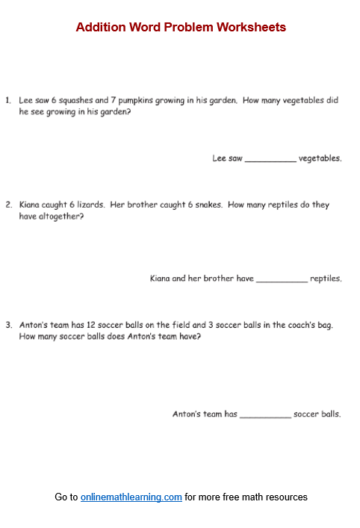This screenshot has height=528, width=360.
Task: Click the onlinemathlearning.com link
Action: [131, 497]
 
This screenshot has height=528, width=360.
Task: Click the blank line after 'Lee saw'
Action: [270, 159]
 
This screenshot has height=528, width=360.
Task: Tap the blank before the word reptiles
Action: [282, 279]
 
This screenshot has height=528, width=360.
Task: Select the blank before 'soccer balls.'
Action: [265, 414]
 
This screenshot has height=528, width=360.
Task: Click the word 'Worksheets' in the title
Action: [251, 28]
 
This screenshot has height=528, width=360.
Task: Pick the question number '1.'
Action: [8, 100]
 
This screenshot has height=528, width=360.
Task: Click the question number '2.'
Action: [8, 205]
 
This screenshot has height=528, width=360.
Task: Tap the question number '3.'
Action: [8, 325]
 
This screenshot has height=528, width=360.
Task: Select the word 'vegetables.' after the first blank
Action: [320, 158]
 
